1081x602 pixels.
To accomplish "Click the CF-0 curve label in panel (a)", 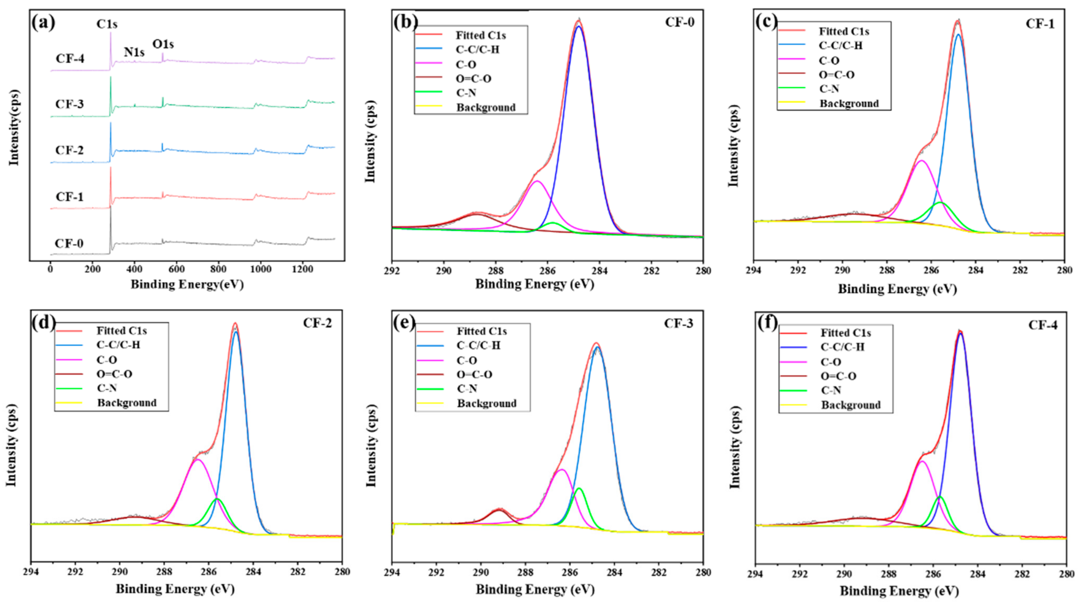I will (69, 244).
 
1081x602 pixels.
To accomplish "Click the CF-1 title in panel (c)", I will (1040, 24).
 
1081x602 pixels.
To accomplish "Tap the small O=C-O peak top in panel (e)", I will (499, 510).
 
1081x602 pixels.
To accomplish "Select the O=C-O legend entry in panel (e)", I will (474, 375).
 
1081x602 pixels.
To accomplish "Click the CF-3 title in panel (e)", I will (679, 323).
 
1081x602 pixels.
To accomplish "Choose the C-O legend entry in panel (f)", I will (831, 362).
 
